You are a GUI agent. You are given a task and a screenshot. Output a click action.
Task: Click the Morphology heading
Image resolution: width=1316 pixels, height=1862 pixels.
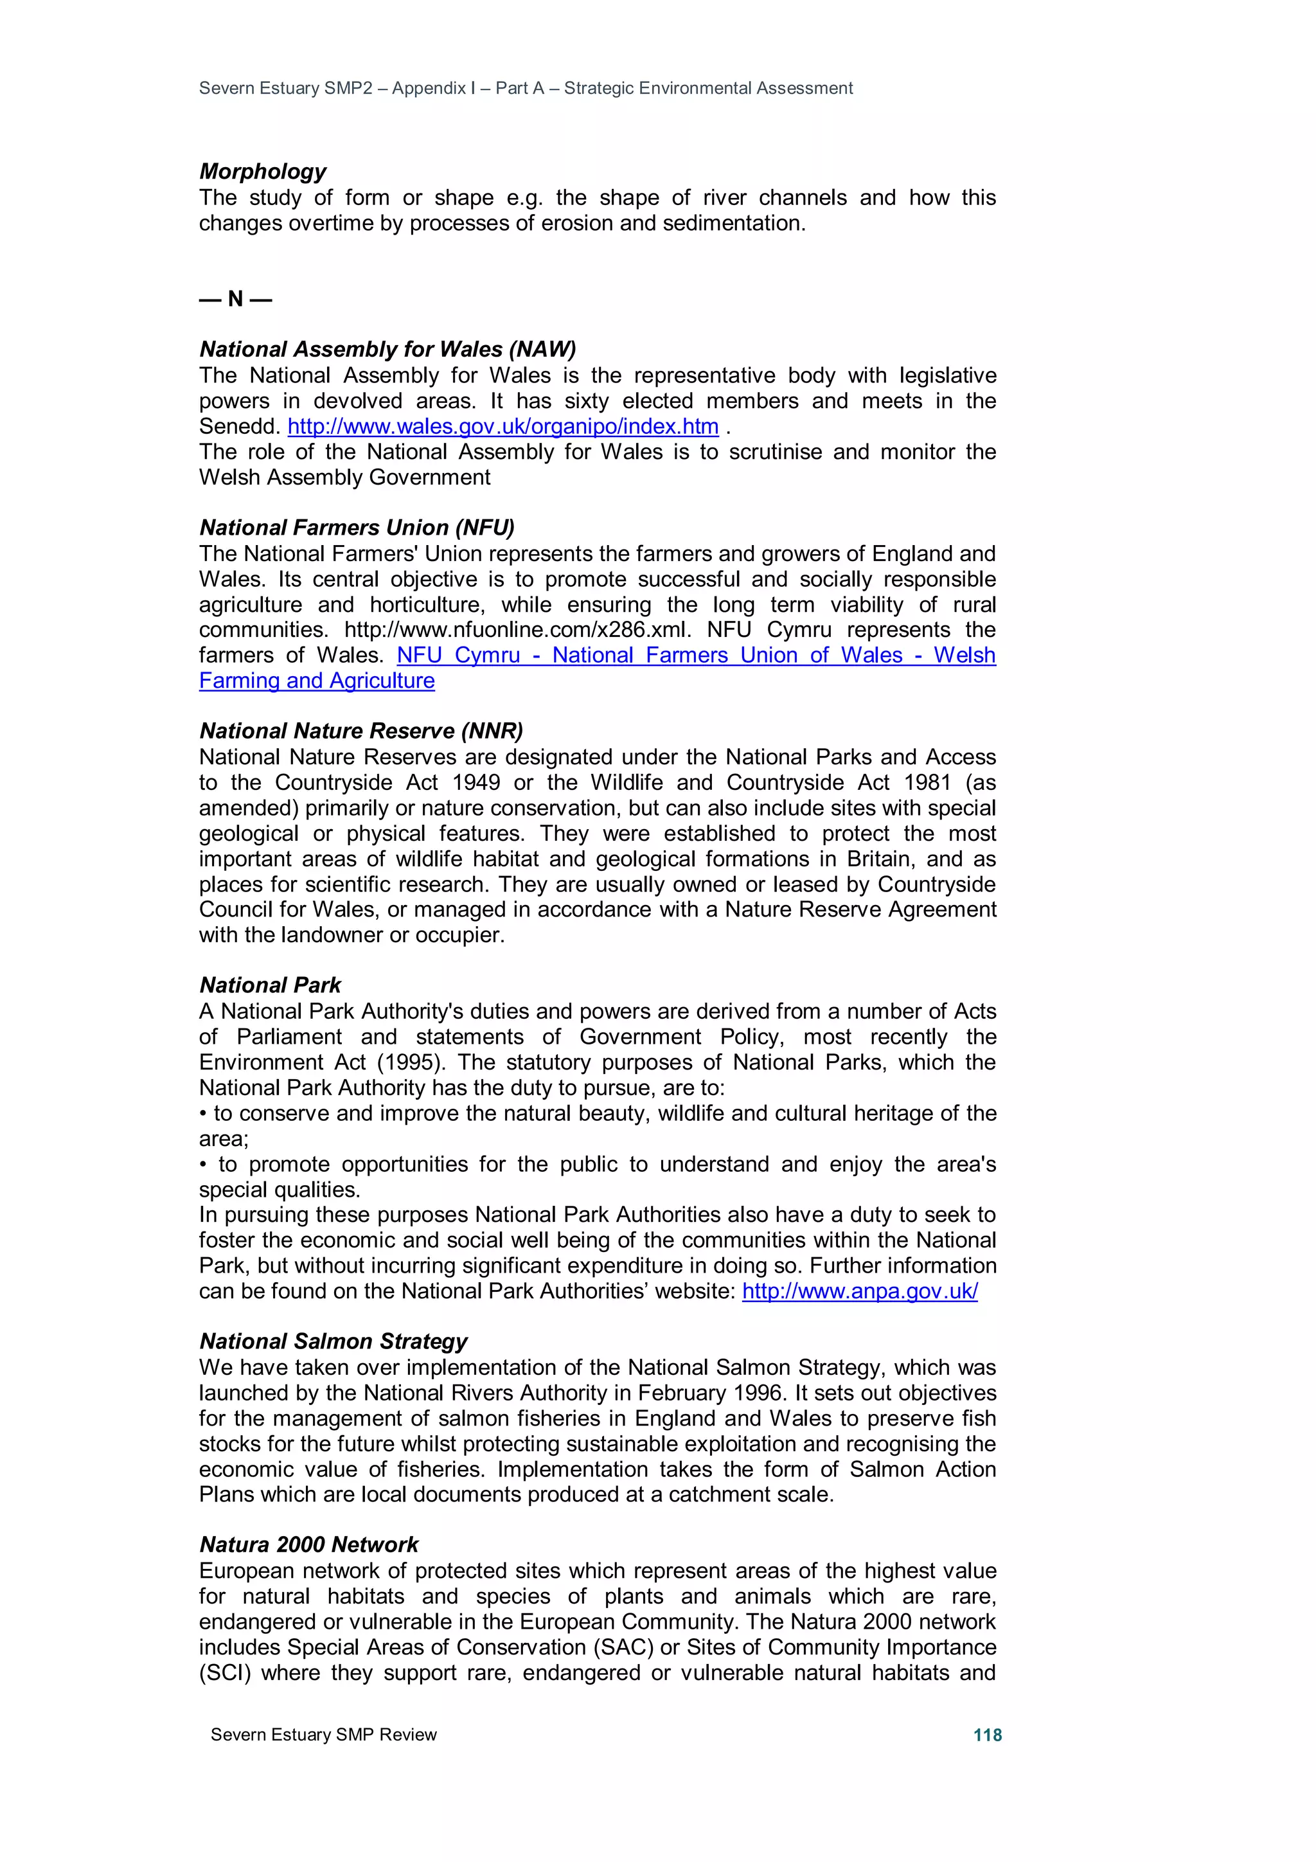point(263,171)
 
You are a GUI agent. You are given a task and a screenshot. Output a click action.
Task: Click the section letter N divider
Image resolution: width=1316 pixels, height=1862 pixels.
point(235,300)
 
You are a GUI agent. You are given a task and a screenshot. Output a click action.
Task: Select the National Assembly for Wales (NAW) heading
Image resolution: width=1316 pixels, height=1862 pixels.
point(387,349)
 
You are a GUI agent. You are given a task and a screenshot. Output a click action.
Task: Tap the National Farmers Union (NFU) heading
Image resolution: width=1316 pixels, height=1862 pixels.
point(357,527)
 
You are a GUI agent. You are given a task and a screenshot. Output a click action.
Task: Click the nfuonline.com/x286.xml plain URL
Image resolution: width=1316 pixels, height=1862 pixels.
point(517,629)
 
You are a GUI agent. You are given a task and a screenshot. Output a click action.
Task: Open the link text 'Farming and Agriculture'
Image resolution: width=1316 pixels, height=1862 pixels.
point(317,681)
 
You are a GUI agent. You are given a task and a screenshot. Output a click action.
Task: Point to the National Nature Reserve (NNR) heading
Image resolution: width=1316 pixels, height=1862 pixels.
point(361,731)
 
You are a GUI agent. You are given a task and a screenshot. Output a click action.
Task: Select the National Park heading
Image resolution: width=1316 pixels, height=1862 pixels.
point(270,985)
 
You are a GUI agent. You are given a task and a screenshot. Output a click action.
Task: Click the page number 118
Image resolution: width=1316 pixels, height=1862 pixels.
point(987,1735)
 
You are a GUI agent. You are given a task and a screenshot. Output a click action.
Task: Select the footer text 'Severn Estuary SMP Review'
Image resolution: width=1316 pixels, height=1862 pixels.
point(323,1735)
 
